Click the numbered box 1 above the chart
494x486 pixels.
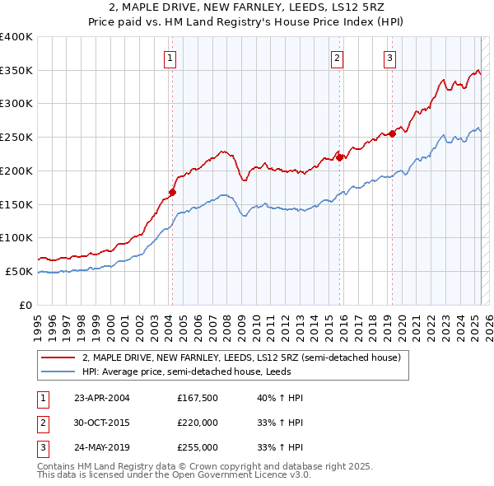pos(169,58)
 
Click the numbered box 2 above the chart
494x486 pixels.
pos(338,58)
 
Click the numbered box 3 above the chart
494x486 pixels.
pos(389,58)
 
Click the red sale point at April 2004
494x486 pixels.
pos(172,193)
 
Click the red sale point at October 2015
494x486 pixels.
pos(339,157)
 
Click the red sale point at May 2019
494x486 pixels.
pos(392,134)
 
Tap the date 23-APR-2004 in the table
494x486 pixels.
pos(102,398)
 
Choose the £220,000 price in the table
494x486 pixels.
pos(198,423)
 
